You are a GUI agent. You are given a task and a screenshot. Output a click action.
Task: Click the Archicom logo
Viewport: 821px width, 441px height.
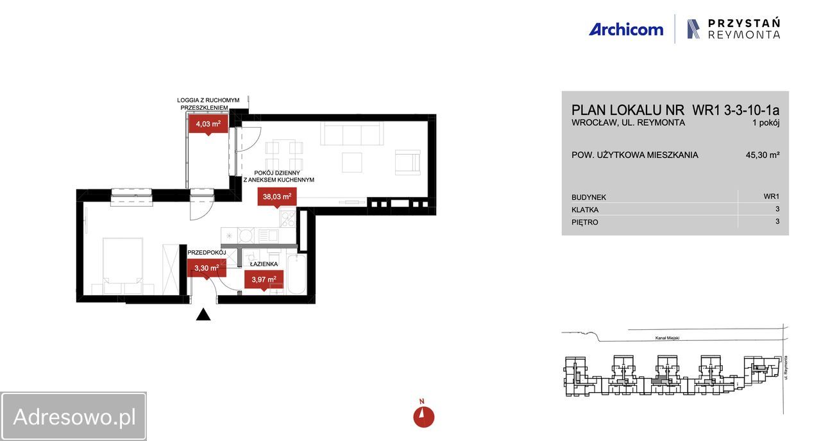(x=626, y=30)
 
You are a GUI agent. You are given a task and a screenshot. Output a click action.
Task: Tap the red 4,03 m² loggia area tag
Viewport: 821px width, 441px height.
(x=208, y=124)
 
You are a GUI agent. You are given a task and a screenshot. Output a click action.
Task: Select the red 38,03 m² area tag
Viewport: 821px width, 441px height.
(x=277, y=196)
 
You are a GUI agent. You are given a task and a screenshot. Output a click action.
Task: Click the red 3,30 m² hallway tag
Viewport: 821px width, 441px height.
(x=207, y=268)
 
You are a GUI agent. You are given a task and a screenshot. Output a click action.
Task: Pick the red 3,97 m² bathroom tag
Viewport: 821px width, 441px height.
(x=264, y=280)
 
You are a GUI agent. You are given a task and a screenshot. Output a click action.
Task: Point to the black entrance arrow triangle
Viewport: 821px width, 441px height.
(x=203, y=315)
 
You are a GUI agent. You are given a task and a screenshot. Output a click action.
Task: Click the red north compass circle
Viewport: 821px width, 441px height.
(x=424, y=417)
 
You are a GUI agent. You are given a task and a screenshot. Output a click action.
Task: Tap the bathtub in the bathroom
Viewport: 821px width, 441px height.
(x=296, y=273)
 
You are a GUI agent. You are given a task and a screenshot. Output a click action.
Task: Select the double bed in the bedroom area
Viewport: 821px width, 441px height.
(x=123, y=266)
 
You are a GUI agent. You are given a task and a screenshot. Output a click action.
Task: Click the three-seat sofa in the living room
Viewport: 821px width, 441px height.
(x=352, y=133)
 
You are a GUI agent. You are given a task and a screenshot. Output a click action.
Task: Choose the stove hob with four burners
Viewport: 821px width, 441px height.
(x=287, y=219)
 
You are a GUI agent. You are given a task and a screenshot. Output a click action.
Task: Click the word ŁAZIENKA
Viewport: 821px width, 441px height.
(x=264, y=264)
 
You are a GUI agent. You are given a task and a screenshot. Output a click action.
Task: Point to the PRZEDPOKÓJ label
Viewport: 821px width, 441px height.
(x=207, y=252)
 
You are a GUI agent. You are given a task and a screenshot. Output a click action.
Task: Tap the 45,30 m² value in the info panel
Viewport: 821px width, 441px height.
(x=763, y=155)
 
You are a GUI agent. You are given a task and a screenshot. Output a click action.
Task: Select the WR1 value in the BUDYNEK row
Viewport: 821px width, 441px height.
(x=772, y=196)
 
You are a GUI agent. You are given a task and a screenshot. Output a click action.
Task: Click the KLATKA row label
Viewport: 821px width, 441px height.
(x=585, y=210)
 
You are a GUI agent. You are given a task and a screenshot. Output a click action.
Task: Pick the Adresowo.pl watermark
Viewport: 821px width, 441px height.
(x=74, y=417)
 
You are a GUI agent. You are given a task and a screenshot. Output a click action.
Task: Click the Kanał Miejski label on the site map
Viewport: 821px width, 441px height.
(x=667, y=338)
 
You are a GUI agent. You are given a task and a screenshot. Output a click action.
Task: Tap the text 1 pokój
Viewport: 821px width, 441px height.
(x=766, y=123)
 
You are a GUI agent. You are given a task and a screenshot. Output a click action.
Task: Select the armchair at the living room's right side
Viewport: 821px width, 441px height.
(x=407, y=162)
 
